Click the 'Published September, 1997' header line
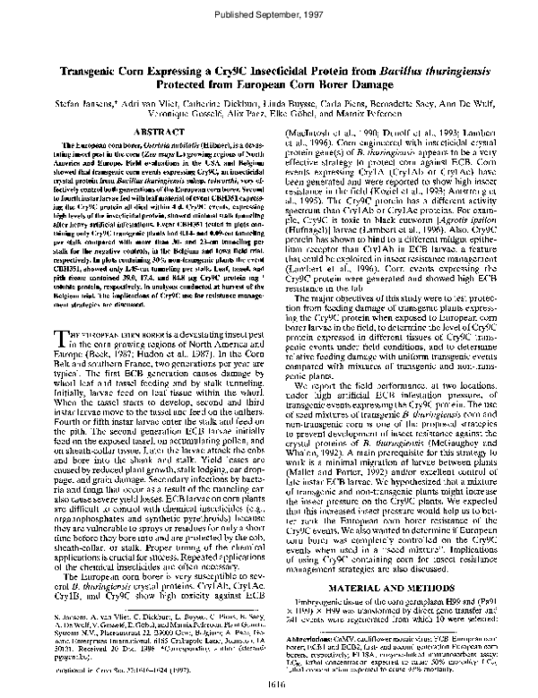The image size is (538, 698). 268,15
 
